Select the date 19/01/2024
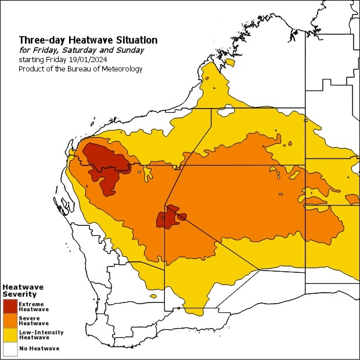pos(90,60)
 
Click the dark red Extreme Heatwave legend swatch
pos(10,306)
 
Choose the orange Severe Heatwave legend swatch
pos(10,321)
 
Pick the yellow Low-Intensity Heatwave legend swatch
pos(10,335)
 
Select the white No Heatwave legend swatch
pos(10,348)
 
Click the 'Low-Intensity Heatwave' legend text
pos(41,335)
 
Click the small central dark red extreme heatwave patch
pos(168,218)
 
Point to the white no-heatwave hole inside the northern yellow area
pos(225,110)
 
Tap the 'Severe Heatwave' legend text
pos(33,321)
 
